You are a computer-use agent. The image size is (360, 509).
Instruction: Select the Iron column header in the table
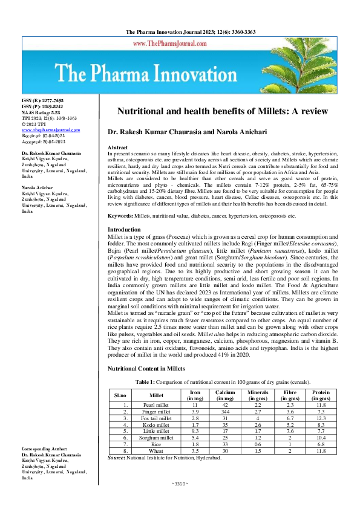(x=195, y=395)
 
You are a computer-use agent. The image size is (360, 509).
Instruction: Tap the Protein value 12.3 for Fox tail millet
(x=321, y=418)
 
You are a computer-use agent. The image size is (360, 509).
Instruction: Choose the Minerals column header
(x=257, y=395)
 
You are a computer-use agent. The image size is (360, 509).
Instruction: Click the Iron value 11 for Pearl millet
(x=195, y=404)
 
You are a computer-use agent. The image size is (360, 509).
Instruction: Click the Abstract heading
(x=117, y=148)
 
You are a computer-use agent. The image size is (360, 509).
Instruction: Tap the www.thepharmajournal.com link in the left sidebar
(x=51, y=129)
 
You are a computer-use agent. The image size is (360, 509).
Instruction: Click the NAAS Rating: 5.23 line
(x=42, y=112)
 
